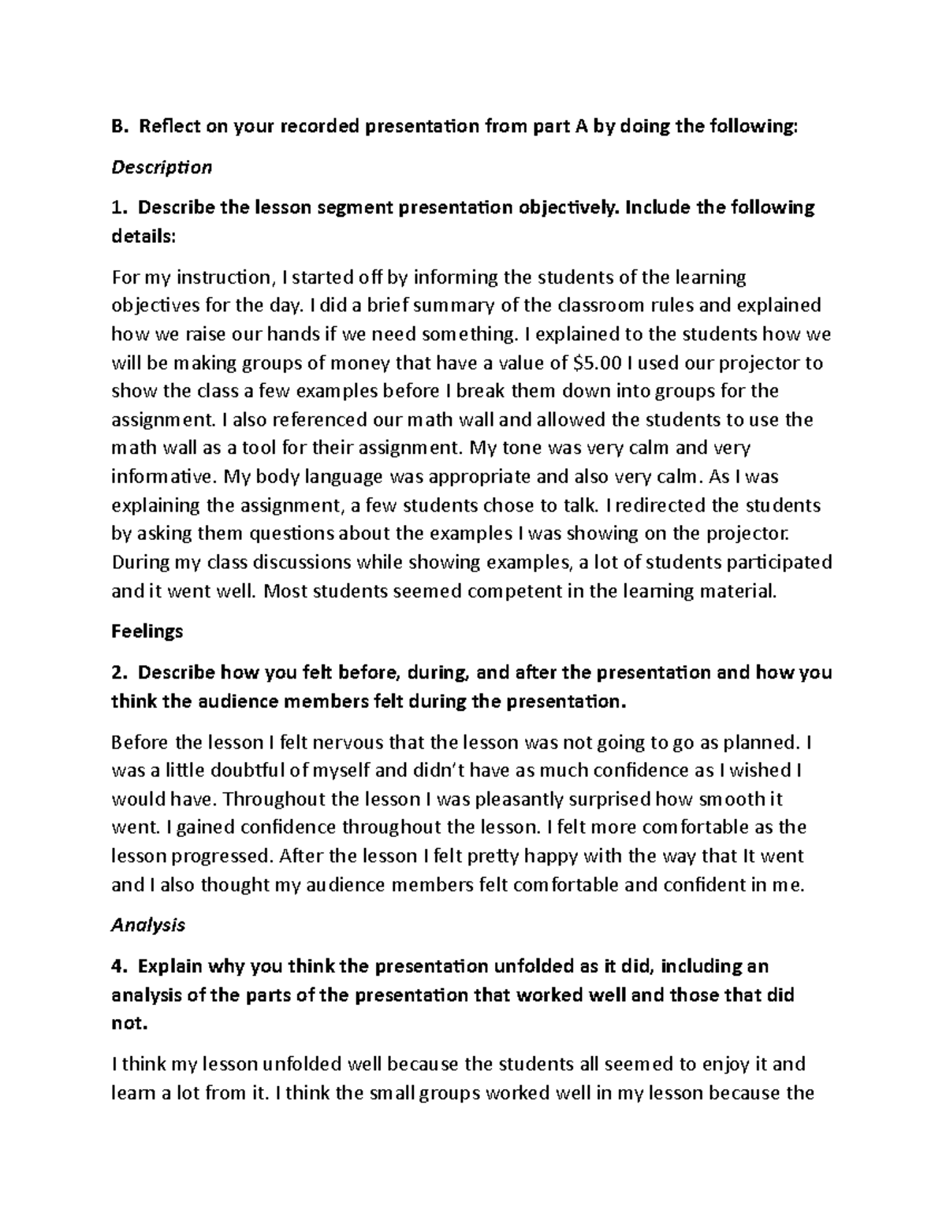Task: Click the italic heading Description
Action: pyautogui.click(x=162, y=167)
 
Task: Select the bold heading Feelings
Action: pyautogui.click(x=147, y=631)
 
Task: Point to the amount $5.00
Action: pyautogui.click(x=600, y=363)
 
